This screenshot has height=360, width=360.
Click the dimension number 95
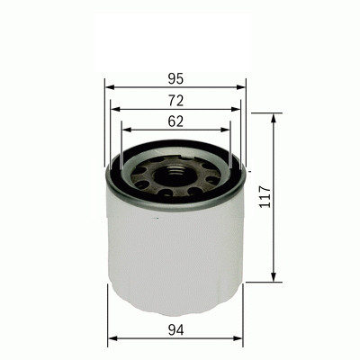click(x=175, y=77)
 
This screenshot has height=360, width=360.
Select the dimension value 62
click(x=175, y=121)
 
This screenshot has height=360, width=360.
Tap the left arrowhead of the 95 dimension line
click(x=109, y=87)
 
